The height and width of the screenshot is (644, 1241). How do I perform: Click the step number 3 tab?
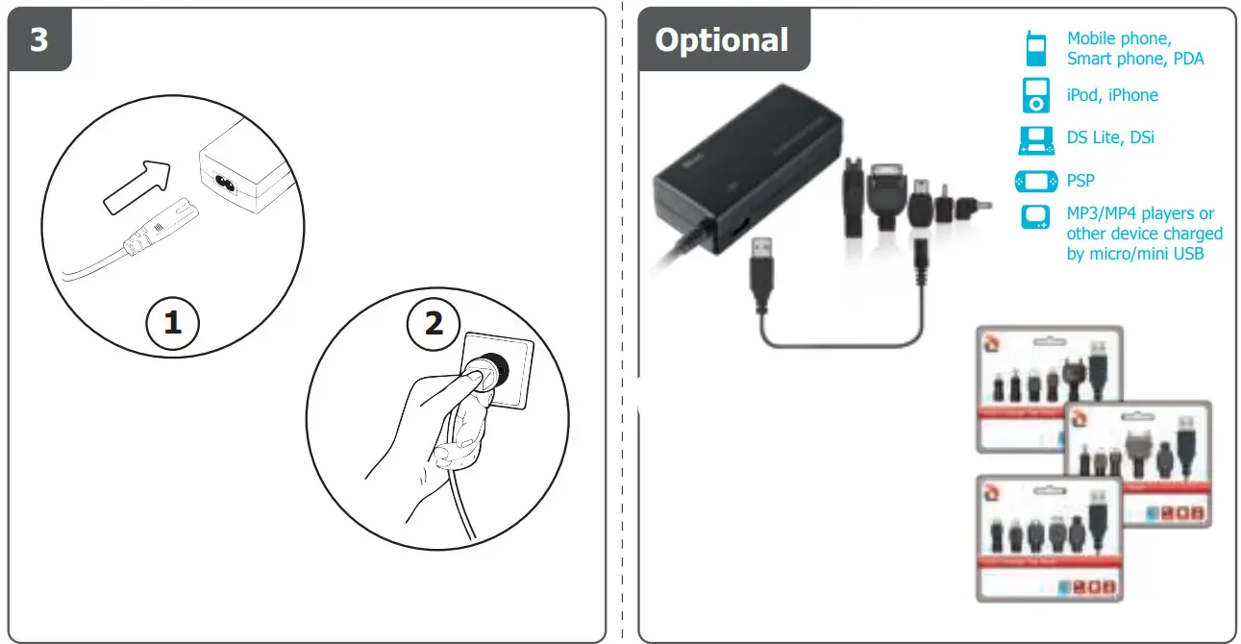(x=38, y=40)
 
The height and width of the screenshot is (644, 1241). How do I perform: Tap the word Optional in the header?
(x=721, y=39)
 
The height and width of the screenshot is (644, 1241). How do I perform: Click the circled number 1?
(x=172, y=323)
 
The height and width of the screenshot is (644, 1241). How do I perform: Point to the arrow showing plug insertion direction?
(x=137, y=187)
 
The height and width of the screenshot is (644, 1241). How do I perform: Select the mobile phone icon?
(x=1035, y=48)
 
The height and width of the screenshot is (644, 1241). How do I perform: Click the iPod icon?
(x=1035, y=95)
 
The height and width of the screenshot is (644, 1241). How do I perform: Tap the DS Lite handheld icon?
(x=1035, y=138)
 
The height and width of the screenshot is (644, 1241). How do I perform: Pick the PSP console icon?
(x=1035, y=181)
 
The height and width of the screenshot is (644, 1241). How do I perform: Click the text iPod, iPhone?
(x=1112, y=95)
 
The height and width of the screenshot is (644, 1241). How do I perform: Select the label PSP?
(x=1080, y=181)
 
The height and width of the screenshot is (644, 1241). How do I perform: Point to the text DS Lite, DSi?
(x=1110, y=138)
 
